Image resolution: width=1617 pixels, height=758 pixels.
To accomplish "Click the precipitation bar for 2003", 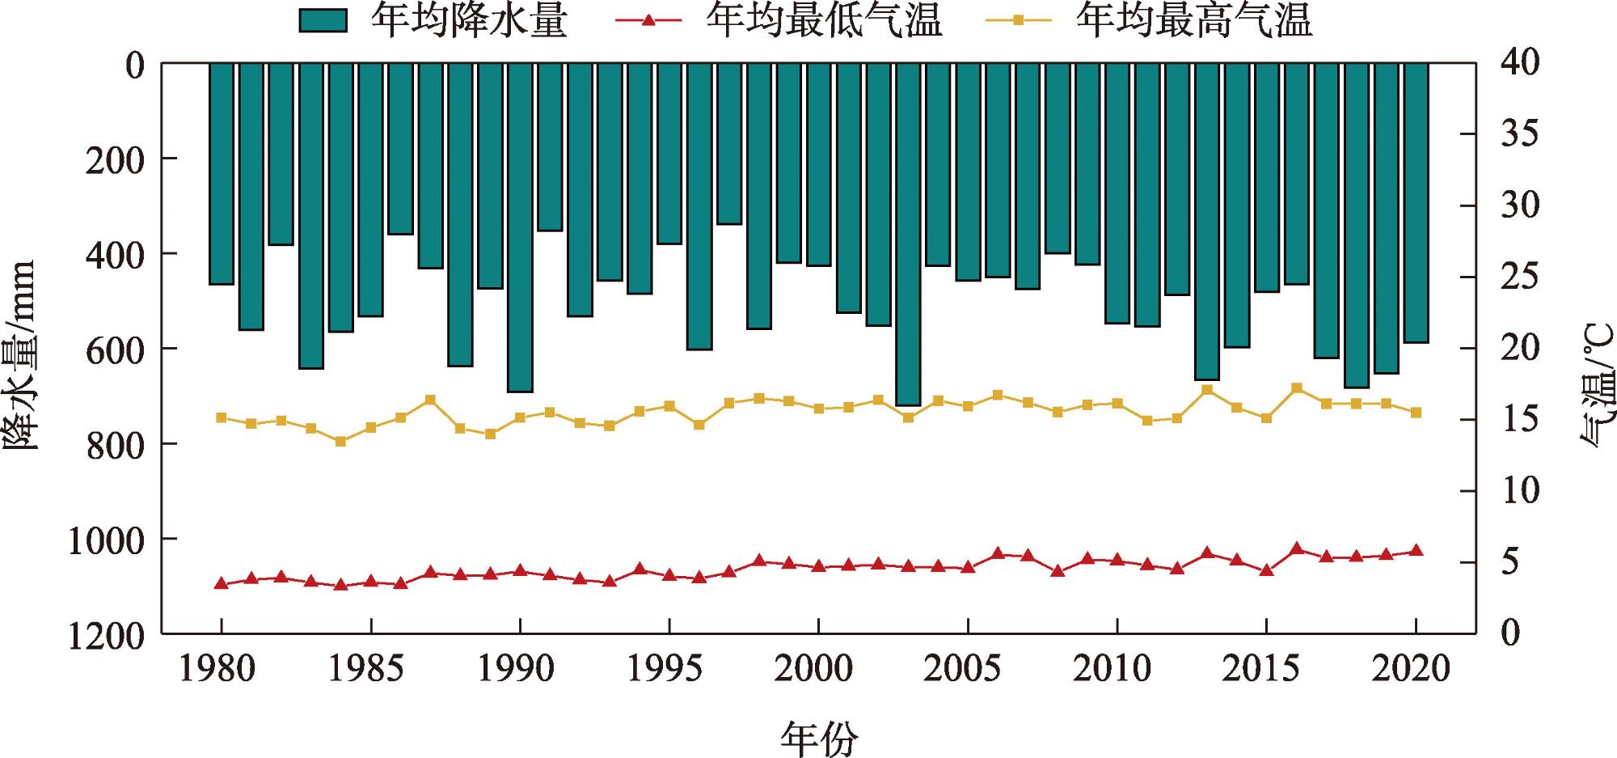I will [x=908, y=235].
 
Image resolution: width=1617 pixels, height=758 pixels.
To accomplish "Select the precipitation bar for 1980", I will [x=221, y=174].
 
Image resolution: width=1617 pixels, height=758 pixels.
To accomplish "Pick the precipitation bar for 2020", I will [x=1416, y=203].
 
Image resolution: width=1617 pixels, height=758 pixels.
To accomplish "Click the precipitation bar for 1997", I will [x=729, y=144].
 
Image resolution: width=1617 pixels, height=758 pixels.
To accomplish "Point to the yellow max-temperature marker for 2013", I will [x=1207, y=390].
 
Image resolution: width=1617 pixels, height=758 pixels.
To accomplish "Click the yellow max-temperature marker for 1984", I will [x=340, y=442].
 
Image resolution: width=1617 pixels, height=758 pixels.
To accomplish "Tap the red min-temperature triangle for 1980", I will [x=221, y=583].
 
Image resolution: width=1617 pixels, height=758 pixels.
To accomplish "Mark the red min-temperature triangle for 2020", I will [x=1416, y=551].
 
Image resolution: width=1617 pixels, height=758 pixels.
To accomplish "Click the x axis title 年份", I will [x=818, y=737].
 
